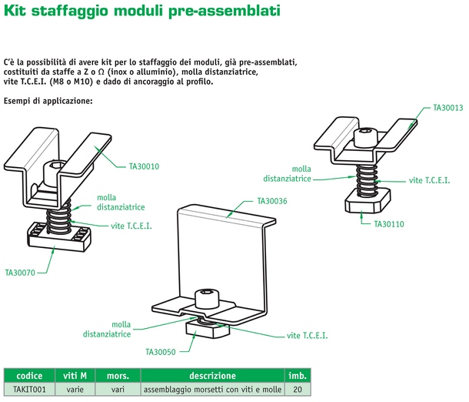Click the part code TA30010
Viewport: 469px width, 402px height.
click(x=144, y=165)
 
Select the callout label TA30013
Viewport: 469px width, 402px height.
click(x=447, y=109)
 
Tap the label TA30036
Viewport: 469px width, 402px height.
click(x=271, y=201)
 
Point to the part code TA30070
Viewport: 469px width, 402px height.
click(x=21, y=272)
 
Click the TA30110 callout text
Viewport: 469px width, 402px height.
click(x=389, y=224)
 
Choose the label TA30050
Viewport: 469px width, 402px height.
click(x=161, y=351)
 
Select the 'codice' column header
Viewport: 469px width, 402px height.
click(x=29, y=376)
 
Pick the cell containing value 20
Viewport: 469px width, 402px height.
click(x=298, y=390)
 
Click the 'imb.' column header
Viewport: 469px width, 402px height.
click(x=298, y=376)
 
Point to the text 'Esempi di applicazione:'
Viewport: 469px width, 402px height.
click(x=48, y=101)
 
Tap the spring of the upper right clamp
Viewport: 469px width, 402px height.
click(x=364, y=176)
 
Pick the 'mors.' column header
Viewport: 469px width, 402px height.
click(x=117, y=376)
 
